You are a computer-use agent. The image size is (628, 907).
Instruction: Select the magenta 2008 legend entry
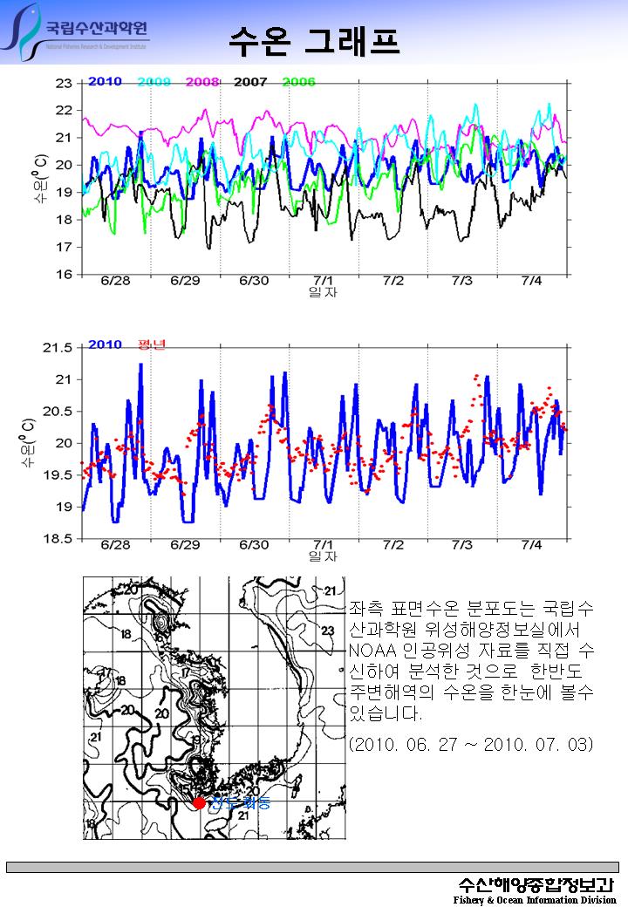(x=201, y=82)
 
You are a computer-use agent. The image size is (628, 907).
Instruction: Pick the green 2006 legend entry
(x=298, y=82)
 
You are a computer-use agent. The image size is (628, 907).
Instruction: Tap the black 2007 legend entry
(x=250, y=82)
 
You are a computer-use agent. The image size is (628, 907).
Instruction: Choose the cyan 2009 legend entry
(x=154, y=82)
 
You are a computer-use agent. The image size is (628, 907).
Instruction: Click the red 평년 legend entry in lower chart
(x=152, y=344)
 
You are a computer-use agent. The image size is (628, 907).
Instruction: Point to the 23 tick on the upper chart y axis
(x=64, y=84)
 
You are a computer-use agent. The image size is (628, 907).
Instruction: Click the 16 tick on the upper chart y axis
(x=64, y=275)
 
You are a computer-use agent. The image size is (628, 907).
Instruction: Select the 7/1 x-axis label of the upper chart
(x=324, y=281)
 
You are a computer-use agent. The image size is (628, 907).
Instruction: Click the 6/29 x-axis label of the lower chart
(x=185, y=545)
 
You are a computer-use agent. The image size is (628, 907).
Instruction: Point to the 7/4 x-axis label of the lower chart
(x=531, y=545)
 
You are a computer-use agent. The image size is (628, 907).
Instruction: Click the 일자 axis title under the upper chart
(x=323, y=292)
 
